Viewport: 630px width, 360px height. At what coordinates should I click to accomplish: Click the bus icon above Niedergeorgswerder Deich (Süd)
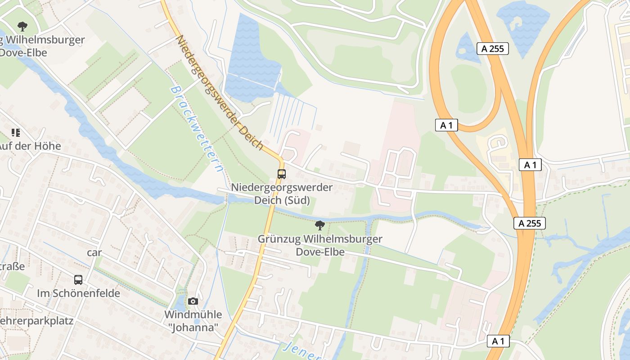[282, 174]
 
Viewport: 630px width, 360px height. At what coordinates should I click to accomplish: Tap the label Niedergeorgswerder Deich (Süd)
[282, 193]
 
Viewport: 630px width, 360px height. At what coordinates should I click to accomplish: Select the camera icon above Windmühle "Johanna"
[193, 301]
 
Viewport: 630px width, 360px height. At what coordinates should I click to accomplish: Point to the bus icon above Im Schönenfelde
[78, 279]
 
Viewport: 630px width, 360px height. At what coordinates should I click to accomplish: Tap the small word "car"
[94, 252]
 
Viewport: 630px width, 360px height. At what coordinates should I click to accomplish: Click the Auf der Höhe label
[30, 146]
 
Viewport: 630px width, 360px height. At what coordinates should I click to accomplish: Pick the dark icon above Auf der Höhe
[16, 132]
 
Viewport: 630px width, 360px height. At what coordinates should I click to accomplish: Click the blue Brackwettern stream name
[196, 129]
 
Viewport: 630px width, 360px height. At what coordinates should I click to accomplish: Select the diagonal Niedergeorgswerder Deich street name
[219, 92]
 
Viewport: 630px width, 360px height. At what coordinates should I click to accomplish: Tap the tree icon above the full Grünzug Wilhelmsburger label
[320, 225]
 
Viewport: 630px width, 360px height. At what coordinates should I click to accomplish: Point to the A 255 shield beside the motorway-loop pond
[493, 49]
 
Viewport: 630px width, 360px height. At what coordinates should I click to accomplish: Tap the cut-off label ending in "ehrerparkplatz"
[36, 321]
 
